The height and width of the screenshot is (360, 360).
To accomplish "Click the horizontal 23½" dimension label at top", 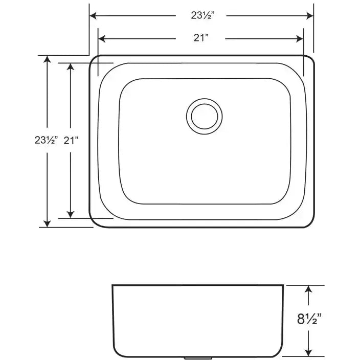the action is point(202,16).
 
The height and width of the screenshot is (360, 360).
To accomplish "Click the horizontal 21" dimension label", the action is point(201,38).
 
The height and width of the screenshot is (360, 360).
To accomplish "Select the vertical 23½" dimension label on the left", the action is point(46,140).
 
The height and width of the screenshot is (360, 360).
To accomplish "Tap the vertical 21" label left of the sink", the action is point(71,140).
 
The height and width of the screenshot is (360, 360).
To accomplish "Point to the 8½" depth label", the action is point(309,319).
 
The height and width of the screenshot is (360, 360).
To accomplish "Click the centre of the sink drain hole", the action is point(204,117).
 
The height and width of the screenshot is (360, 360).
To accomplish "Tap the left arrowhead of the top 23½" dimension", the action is point(93,16).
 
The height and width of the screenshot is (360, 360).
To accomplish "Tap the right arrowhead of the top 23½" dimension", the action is point(310,16).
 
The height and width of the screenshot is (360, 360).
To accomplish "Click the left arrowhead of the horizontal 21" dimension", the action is point(102,39).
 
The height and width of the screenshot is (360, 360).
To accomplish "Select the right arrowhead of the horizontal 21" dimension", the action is point(300,39).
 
